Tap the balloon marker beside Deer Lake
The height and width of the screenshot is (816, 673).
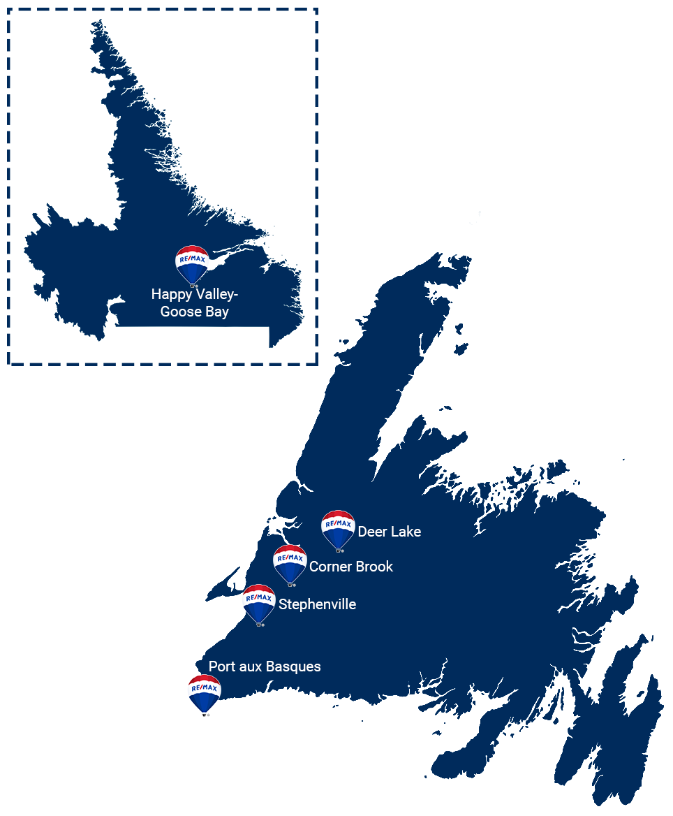click(x=338, y=529)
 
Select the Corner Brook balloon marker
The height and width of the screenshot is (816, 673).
click(x=290, y=563)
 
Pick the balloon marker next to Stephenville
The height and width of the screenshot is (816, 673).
click(x=258, y=603)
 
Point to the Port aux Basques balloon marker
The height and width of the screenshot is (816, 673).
click(x=205, y=693)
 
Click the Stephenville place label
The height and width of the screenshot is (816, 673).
click(x=317, y=604)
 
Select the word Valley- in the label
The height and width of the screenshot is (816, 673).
click(x=215, y=294)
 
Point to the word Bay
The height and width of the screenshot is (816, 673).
click(x=217, y=312)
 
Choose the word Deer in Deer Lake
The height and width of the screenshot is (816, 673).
click(x=372, y=532)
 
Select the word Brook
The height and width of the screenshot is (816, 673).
click(x=376, y=567)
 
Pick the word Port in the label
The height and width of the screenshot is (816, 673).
click(x=221, y=666)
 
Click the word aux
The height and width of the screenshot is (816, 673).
click(x=251, y=666)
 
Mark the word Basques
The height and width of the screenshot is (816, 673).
click(x=294, y=666)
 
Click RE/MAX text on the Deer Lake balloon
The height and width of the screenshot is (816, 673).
click(x=338, y=523)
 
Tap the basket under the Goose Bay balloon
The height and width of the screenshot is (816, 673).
click(x=193, y=285)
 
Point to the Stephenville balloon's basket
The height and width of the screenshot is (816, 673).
click(x=259, y=624)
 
